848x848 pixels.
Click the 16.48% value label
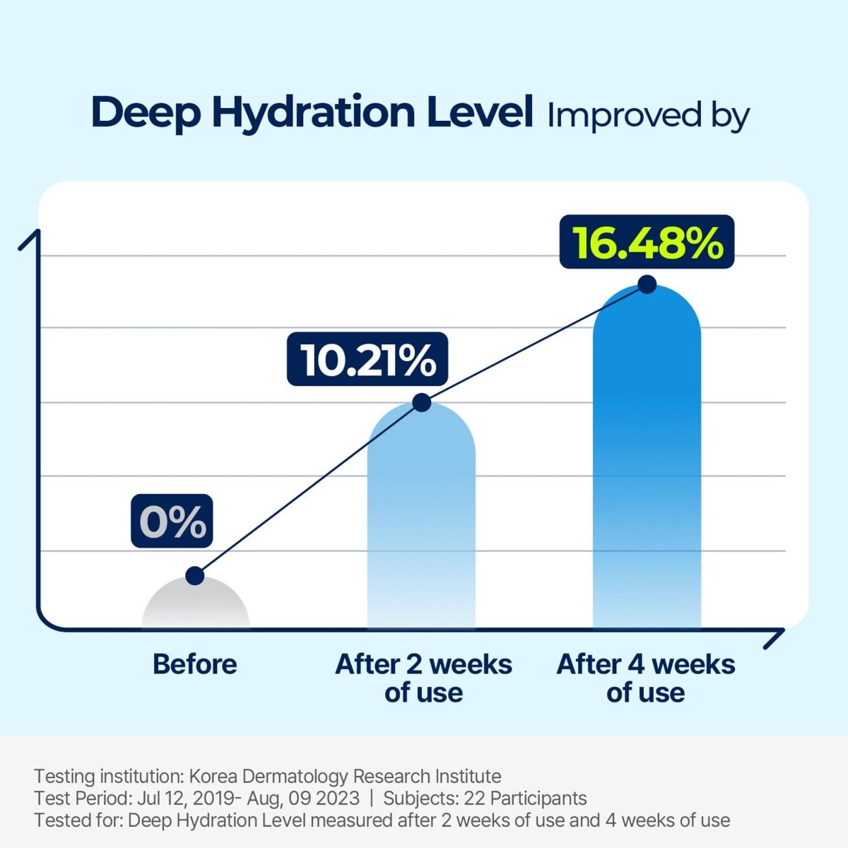tap(647, 242)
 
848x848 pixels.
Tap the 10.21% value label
tap(367, 359)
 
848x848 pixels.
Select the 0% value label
tap(172, 522)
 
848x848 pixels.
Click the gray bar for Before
tap(196, 608)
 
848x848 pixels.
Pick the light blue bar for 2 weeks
tap(421, 523)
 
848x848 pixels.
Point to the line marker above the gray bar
tap(195, 576)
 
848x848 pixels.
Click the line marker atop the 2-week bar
tap(421, 403)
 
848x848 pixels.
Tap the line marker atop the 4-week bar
tap(647, 285)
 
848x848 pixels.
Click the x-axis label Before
tap(195, 664)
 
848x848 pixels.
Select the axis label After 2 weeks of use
tap(423, 678)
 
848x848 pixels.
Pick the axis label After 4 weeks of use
tap(646, 678)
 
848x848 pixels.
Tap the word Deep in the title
tap(146, 114)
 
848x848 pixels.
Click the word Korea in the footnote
tap(213, 777)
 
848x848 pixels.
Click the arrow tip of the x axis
tap(782, 631)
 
